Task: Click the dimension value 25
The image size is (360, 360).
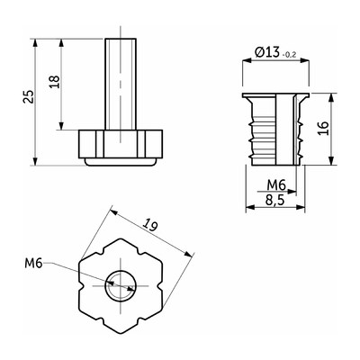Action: tap(29, 96)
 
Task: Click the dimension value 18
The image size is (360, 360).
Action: tap(55, 81)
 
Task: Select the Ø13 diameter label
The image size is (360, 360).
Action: tap(267, 52)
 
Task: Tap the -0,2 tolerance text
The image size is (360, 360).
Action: tap(289, 55)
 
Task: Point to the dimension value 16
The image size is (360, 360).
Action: tap(324, 129)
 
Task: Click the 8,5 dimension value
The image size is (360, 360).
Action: tap(274, 200)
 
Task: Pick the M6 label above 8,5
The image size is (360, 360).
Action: tap(276, 185)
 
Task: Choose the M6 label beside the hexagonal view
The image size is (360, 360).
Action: tap(32, 264)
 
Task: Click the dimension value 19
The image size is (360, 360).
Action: tap(149, 225)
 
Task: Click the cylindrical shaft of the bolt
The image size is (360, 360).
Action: tap(121, 84)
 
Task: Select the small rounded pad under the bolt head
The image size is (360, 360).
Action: tap(121, 162)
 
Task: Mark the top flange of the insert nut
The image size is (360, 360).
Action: tap(275, 95)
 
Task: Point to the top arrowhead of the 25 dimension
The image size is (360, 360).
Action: tap(35, 42)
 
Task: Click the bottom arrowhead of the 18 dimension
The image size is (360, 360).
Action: tap(61, 126)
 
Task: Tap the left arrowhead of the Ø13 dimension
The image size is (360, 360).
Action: tap(247, 60)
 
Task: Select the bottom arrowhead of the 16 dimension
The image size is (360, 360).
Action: tap(331, 161)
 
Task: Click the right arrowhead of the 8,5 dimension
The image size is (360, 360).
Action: tap(301, 207)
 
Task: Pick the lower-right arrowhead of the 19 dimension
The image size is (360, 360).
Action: tap(188, 255)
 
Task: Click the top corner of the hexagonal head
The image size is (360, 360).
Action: tap(121, 238)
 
